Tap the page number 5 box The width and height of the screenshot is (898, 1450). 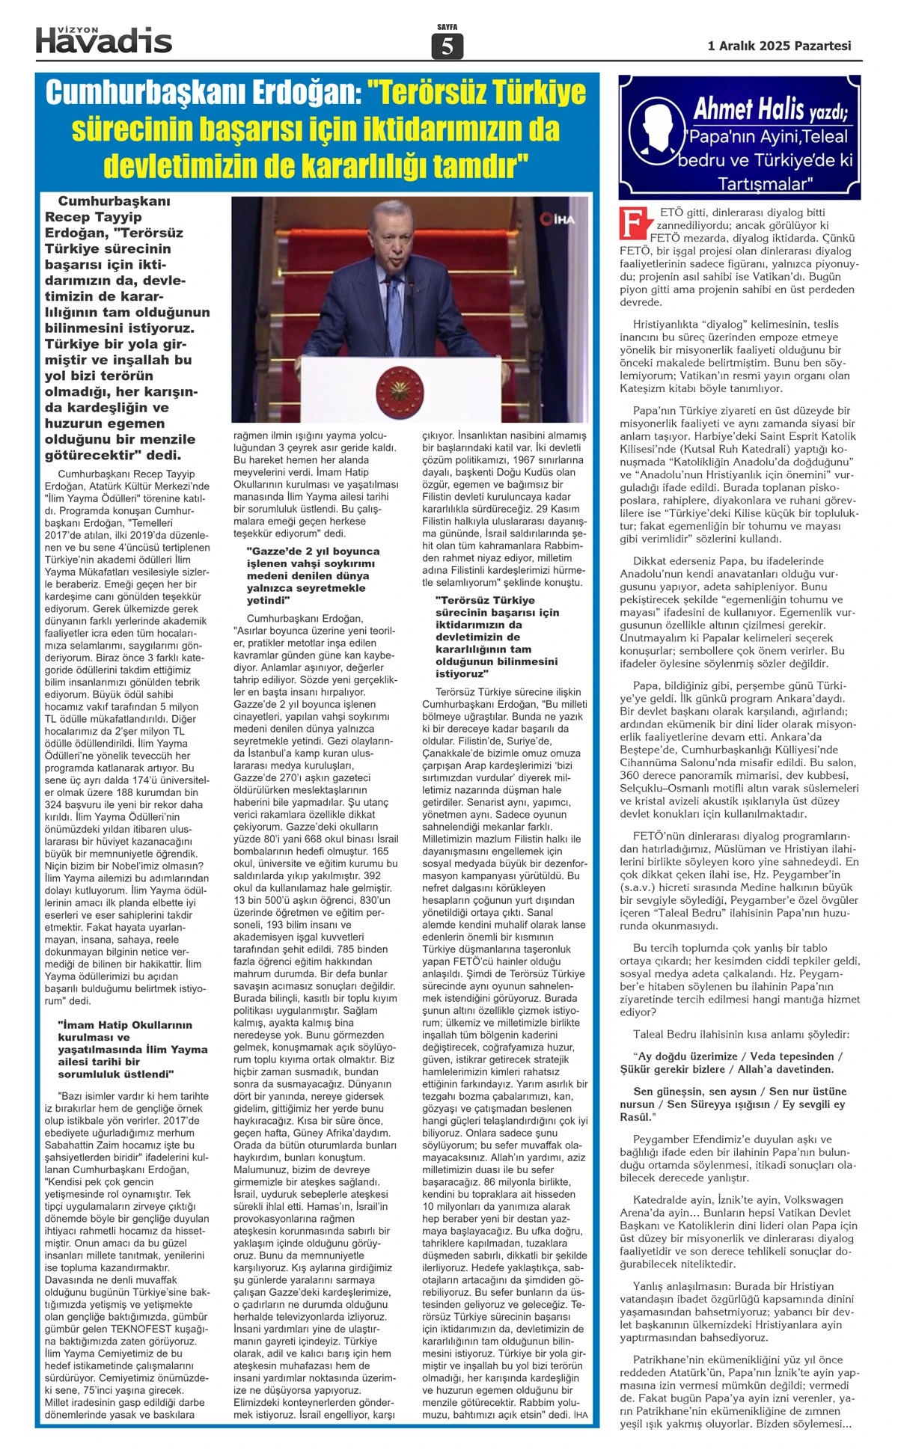[447, 46]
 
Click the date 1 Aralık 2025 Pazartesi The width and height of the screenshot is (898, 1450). [779, 46]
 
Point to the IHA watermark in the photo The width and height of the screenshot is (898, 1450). [557, 218]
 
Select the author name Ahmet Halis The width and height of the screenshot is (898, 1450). [737, 109]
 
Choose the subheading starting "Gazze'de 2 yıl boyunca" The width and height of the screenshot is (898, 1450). [313, 575]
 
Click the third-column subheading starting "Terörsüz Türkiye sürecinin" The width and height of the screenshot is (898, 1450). [498, 637]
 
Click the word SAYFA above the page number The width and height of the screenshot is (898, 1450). [447, 28]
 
